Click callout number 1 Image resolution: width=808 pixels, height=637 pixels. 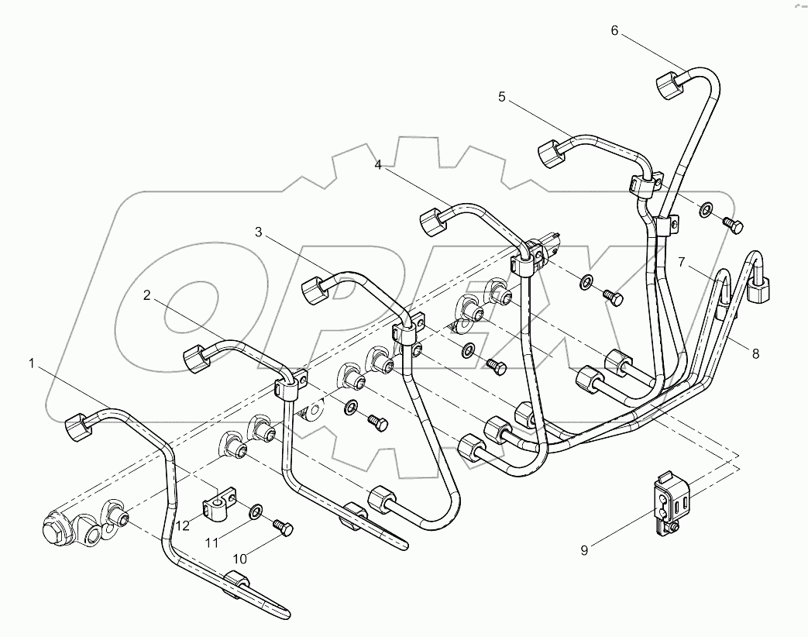pos(32,363)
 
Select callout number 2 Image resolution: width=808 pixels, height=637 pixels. pos(146,295)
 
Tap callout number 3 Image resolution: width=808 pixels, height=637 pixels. pos(259,232)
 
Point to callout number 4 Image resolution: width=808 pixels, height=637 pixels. pos(378,164)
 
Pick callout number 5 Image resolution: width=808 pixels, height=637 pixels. pos(501,97)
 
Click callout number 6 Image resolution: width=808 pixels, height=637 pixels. pos(614,30)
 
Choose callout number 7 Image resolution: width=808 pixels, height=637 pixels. pos(682,262)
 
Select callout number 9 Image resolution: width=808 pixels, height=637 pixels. pos(585,550)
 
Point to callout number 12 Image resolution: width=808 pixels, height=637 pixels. pos(181,525)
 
